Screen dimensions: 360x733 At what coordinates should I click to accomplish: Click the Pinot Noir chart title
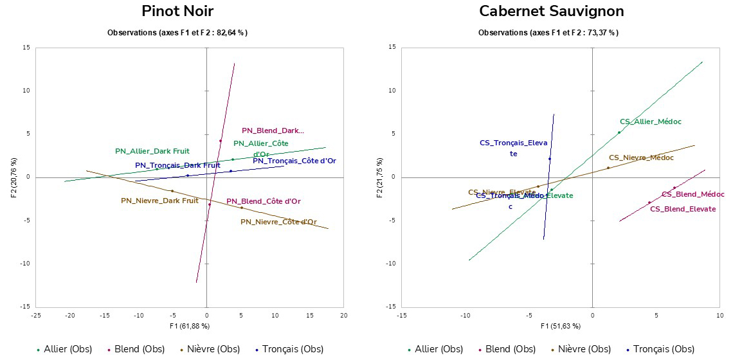[177, 11]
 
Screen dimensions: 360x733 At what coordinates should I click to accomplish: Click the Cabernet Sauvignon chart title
[551, 11]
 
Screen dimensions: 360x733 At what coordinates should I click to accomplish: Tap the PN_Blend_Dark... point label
[273, 130]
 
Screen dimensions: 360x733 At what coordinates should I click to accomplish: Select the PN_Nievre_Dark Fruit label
[159, 201]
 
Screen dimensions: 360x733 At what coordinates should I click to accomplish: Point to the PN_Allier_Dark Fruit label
[152, 152]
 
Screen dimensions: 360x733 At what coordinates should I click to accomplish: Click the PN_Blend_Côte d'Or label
[264, 201]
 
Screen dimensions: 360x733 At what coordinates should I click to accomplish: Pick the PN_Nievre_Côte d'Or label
[278, 222]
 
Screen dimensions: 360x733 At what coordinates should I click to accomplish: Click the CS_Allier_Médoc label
[650, 122]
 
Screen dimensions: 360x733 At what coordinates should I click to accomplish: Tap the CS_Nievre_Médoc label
[641, 157]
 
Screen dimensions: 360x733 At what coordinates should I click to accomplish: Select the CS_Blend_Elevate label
[682, 209]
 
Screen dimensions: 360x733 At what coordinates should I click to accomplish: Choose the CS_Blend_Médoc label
[692, 194]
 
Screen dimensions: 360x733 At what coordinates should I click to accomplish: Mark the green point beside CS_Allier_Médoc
[619, 132]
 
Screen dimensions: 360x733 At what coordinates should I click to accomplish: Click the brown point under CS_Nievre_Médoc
[608, 168]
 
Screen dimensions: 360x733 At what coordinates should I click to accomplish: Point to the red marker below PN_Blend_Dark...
[221, 141]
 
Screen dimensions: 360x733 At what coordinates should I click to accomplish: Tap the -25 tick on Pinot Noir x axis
[36, 315]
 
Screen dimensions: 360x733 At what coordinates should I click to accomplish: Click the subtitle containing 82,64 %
[177, 32]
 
